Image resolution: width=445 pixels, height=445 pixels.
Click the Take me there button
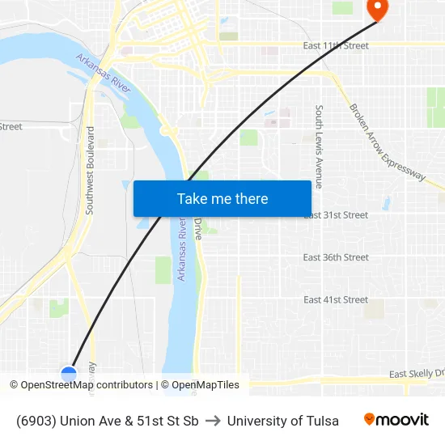click(x=222, y=199)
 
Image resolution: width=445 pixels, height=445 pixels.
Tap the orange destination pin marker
click(x=377, y=8)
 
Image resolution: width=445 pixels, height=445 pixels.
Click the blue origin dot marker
click(x=69, y=374)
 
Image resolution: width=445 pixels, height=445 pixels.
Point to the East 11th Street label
click(x=336, y=46)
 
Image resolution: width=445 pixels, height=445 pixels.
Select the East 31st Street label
click(x=335, y=215)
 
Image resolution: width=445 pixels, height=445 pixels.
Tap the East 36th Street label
click(x=336, y=257)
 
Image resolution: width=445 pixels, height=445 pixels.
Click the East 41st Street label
click(x=336, y=299)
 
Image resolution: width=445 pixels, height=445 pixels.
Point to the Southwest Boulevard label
click(x=90, y=170)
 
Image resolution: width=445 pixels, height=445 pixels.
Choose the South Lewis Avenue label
click(x=320, y=146)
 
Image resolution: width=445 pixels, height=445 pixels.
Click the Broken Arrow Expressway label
click(x=387, y=142)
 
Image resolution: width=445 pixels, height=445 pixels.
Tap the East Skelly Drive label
click(x=416, y=374)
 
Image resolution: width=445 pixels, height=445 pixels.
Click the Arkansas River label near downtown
click(x=104, y=74)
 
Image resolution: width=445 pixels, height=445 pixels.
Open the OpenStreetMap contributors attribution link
click(x=87, y=385)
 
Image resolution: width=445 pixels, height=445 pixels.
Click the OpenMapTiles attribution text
click(x=206, y=385)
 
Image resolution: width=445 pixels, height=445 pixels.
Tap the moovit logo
click(x=396, y=420)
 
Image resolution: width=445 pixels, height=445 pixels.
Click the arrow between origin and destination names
click(x=213, y=421)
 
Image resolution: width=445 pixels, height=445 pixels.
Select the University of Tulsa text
click(x=283, y=421)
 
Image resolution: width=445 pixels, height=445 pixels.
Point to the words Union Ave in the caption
click(x=90, y=421)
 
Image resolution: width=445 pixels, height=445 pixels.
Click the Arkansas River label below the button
click(x=181, y=251)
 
